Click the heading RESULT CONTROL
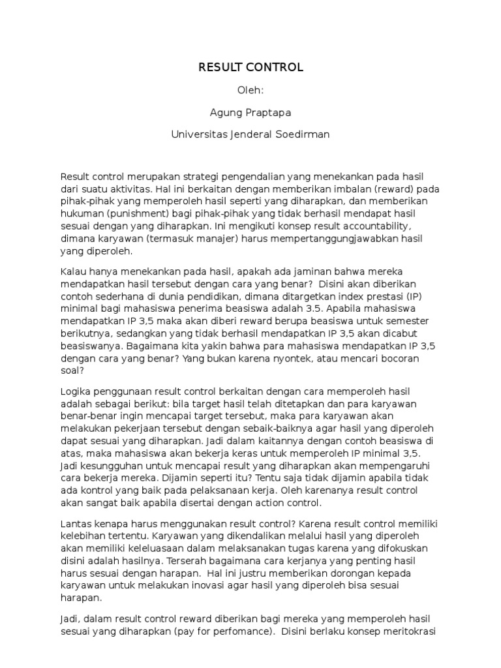(251, 67)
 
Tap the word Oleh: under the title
(251, 90)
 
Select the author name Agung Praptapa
(250, 113)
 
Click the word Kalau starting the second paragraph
(74, 271)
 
